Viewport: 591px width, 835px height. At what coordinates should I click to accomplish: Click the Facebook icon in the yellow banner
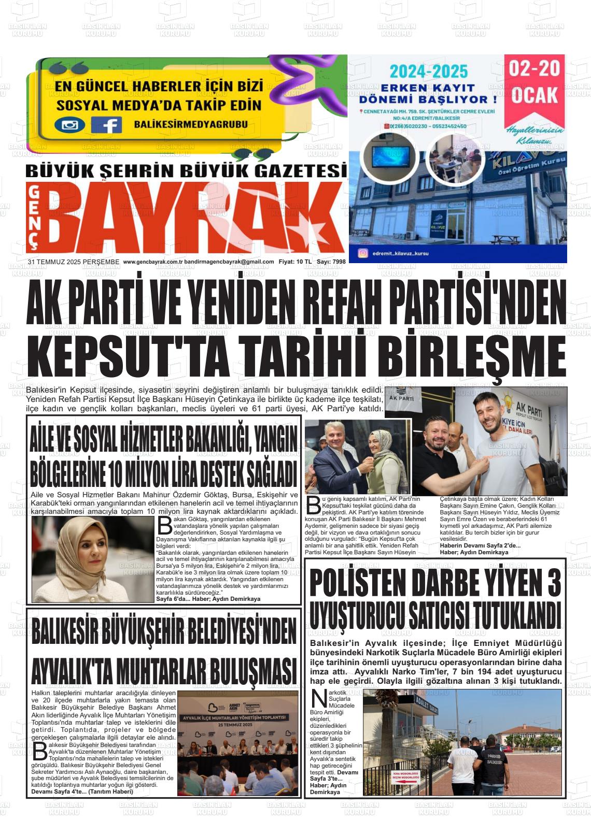[106, 125]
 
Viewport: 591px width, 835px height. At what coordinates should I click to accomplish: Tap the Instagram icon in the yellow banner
[69, 125]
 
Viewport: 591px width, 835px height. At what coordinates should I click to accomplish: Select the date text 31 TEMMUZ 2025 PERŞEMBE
[74, 262]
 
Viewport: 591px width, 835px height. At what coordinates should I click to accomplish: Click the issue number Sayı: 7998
[331, 262]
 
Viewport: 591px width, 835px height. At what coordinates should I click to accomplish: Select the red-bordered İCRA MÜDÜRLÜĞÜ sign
[405, 774]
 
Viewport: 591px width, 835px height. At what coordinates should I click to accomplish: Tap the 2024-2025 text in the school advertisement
[428, 71]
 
